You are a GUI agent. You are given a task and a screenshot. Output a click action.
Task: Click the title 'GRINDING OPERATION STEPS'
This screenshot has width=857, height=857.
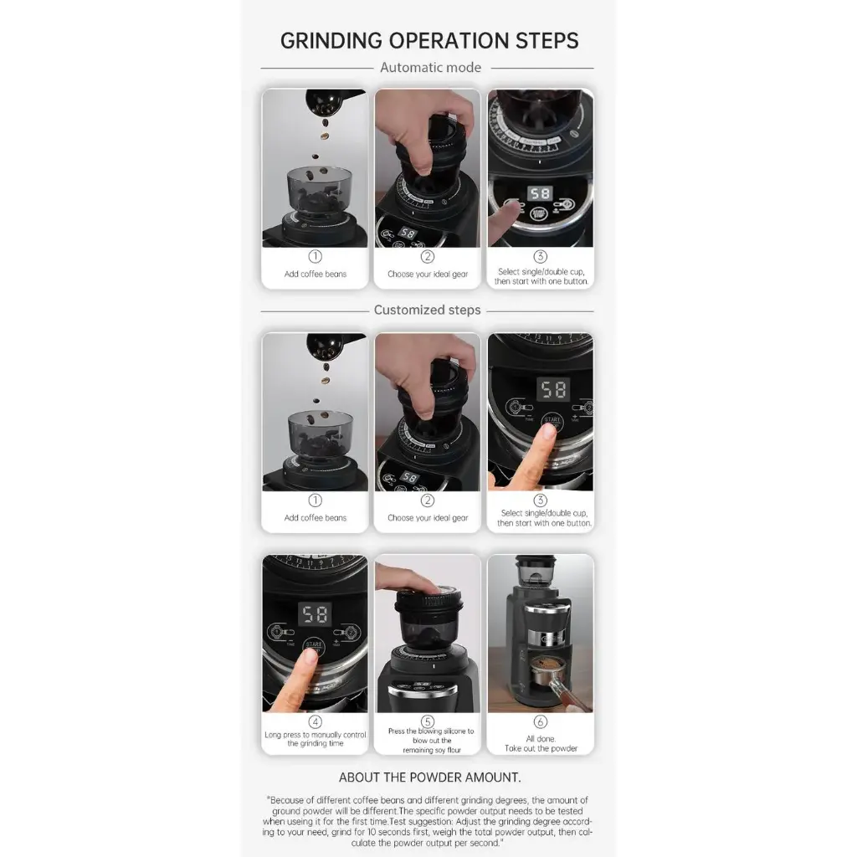click(x=429, y=41)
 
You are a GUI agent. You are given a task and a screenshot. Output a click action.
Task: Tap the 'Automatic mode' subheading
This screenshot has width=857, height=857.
click(x=431, y=68)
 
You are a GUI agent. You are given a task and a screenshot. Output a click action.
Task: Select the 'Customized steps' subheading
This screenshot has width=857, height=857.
click(x=428, y=310)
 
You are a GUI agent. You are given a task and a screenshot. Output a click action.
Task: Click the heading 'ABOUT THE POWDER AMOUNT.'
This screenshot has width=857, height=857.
click(x=429, y=777)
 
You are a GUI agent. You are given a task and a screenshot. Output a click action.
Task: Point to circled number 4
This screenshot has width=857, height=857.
click(x=316, y=721)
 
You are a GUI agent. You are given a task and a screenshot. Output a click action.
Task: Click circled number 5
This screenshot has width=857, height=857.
click(x=428, y=722)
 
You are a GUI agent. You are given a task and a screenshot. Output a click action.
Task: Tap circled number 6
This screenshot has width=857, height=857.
click(x=540, y=722)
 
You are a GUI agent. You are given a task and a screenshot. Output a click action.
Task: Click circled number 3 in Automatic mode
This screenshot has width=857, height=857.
click(x=540, y=256)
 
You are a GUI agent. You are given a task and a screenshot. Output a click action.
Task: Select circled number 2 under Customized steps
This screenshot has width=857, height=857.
click(x=428, y=500)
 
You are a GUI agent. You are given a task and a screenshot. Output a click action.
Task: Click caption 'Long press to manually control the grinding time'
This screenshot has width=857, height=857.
click(x=316, y=739)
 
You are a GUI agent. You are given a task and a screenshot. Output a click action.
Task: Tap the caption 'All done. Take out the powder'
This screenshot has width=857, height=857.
click(x=541, y=743)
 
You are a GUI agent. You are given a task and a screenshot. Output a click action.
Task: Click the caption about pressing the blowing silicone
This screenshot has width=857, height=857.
click(x=431, y=741)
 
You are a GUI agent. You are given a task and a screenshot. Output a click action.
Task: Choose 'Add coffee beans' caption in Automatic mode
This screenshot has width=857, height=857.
click(x=316, y=274)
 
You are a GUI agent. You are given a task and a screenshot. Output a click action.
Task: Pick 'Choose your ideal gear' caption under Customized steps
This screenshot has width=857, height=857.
click(x=428, y=517)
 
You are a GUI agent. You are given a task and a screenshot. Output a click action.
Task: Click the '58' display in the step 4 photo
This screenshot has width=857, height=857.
click(x=315, y=614)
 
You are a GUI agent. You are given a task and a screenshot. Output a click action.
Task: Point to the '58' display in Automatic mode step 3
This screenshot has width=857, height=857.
click(x=540, y=193)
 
